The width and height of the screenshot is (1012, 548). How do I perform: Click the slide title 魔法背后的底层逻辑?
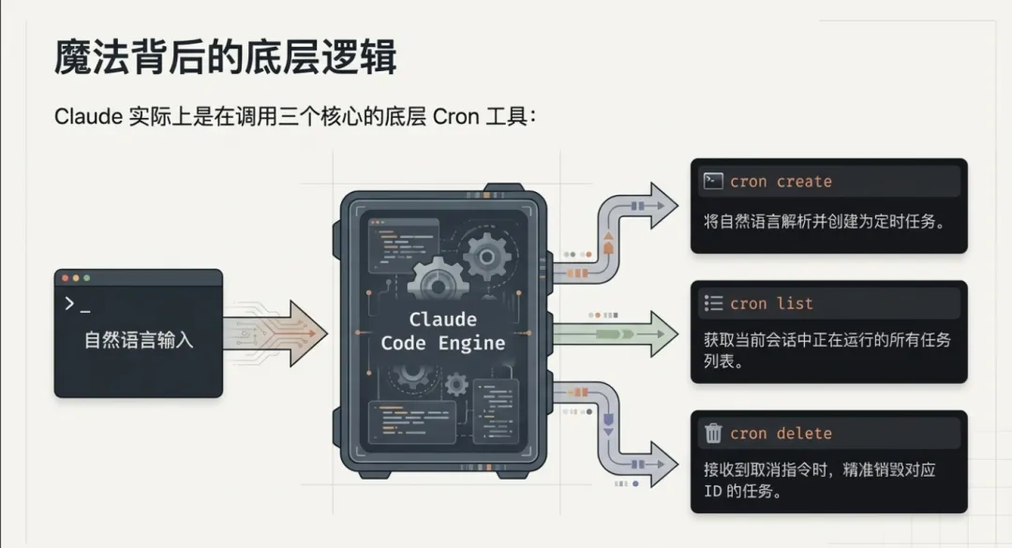[x=226, y=57]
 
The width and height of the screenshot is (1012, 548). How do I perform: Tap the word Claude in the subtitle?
[x=88, y=118]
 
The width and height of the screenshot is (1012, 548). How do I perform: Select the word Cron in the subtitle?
[x=456, y=118]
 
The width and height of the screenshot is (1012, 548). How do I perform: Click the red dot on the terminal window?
[x=64, y=278]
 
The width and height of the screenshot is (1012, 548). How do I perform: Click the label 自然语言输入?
[x=139, y=339]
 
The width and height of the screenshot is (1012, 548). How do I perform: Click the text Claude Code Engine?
[x=442, y=331]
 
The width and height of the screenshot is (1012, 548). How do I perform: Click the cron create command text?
[x=781, y=182]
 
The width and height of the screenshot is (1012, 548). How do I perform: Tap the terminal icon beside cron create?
[x=713, y=181]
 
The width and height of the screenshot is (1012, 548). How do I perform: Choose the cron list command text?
[x=771, y=304]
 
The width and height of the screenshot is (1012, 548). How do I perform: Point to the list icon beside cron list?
[x=713, y=304]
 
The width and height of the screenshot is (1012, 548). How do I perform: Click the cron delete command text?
[x=781, y=433]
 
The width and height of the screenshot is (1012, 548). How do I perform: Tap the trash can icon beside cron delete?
[x=713, y=433]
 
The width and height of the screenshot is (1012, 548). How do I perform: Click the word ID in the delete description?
[x=712, y=491]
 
